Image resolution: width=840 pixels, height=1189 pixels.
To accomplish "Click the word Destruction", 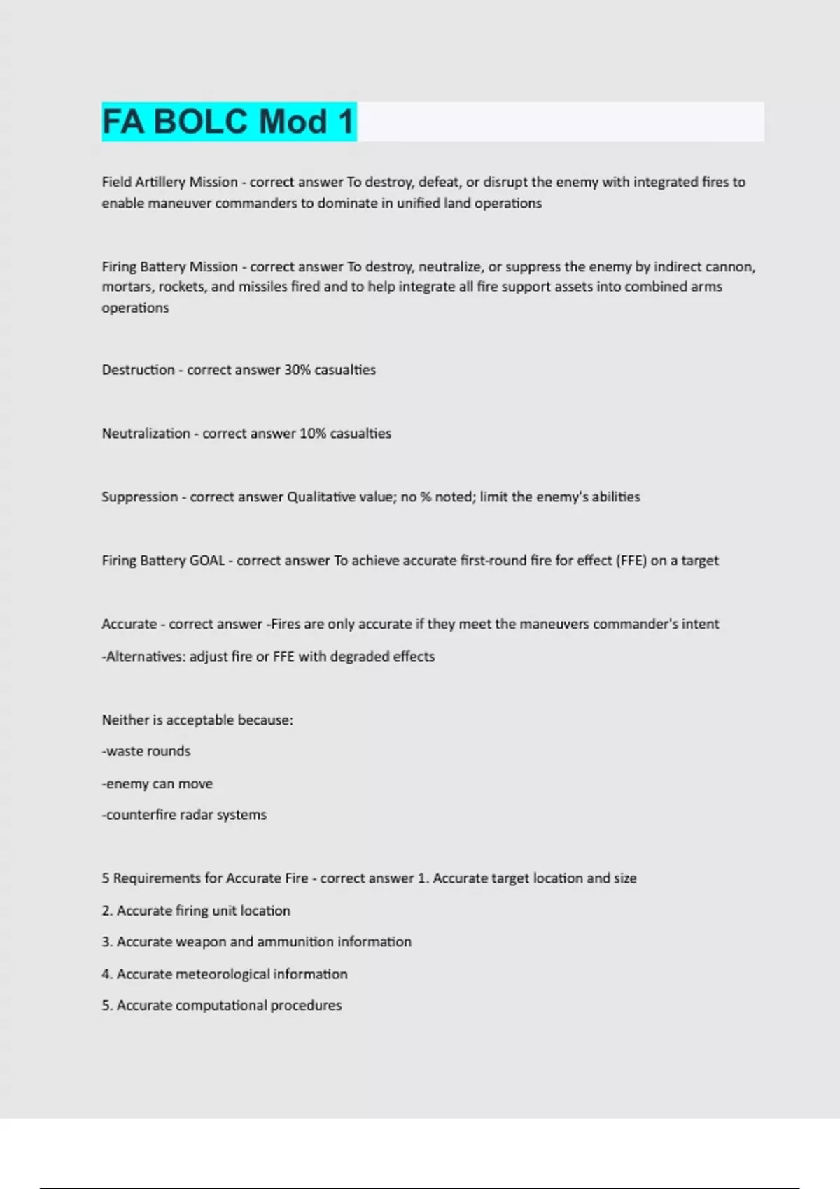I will coord(138,370).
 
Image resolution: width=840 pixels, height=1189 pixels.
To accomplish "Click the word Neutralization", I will coord(146,434).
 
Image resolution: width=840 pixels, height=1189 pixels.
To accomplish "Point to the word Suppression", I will coord(139,497).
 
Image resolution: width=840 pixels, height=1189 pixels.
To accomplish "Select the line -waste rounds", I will coord(146,752).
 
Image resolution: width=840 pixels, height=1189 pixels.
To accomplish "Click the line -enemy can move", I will coord(157,784).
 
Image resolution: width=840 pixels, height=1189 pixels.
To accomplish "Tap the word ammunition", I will coord(295,942).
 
